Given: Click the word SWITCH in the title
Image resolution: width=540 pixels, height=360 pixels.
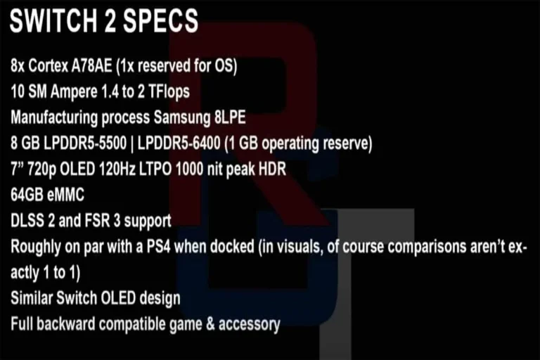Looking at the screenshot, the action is point(53,20).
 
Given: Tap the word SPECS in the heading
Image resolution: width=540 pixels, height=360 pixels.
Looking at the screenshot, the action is point(160,20).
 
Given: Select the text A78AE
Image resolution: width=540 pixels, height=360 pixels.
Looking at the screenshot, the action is point(91,65).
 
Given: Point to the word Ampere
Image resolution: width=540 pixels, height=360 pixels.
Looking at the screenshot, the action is point(74,92).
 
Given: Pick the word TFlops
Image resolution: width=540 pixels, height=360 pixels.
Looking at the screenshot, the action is point(169,92).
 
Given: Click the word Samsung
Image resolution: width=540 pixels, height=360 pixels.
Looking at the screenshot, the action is point(182,118).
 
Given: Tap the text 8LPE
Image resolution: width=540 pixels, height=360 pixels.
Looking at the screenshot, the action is point(230,117).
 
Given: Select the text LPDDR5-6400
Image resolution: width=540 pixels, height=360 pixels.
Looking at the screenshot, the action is point(179,143).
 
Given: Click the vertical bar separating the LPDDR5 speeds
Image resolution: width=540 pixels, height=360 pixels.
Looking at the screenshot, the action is point(132,143).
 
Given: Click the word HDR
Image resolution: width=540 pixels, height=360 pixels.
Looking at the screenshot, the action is point(272,169).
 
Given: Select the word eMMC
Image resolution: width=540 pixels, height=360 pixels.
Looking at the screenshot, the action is point(65,195).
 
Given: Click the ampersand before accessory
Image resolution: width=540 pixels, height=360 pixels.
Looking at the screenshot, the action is point(210,324).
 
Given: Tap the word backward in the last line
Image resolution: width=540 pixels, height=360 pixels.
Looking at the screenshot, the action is point(66,324).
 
